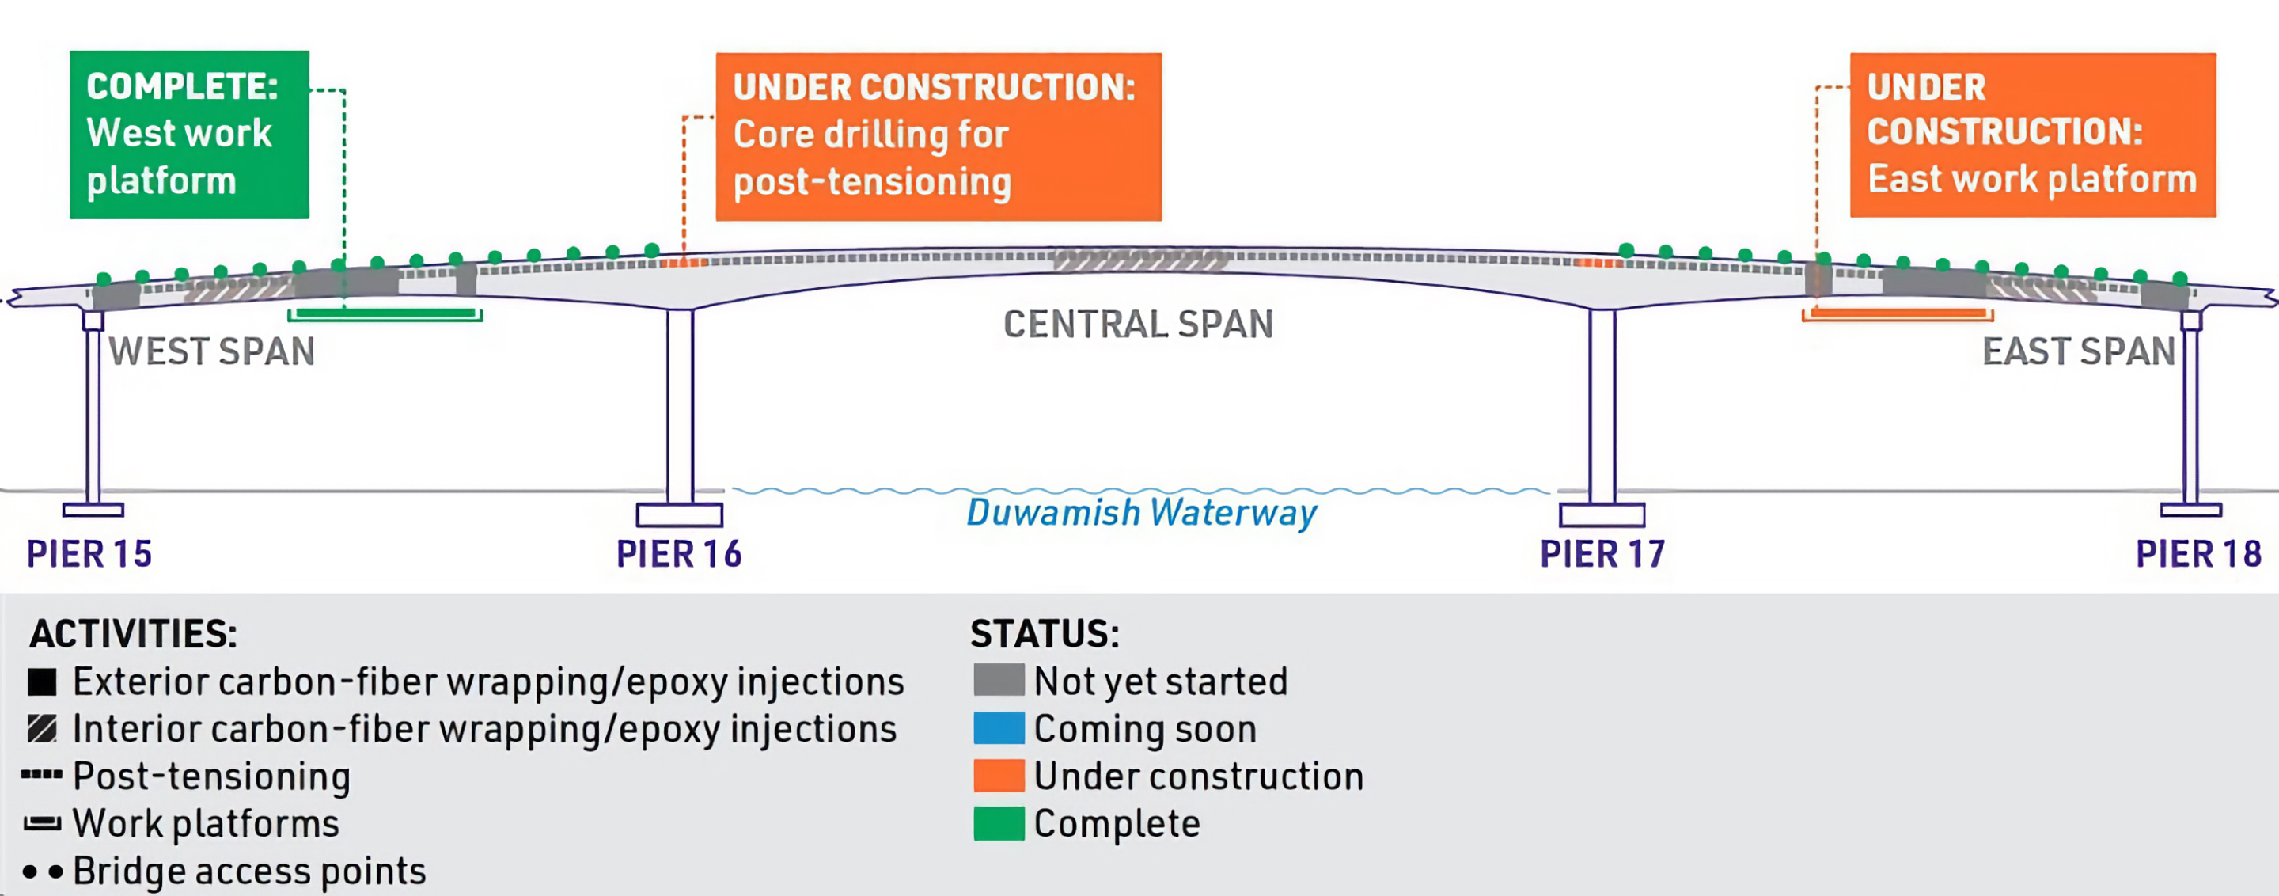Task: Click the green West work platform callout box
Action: click(189, 135)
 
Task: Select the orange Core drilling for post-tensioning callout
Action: click(939, 136)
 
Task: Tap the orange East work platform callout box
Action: click(2033, 135)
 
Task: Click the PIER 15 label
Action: click(89, 555)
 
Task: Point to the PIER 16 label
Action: click(679, 555)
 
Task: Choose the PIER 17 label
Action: click(1602, 555)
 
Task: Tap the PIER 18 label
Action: click(2198, 555)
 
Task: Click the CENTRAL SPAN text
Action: click(1138, 325)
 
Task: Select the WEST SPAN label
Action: click(212, 352)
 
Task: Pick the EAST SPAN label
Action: click(2078, 352)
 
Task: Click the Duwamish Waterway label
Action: click(1141, 513)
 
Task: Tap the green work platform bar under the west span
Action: click(385, 314)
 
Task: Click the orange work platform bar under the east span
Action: click(1898, 314)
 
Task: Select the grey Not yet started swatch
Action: click(999, 680)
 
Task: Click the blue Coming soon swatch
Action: click(999, 728)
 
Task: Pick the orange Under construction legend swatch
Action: click(999, 776)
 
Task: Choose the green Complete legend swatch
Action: click(999, 823)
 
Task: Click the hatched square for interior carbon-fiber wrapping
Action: click(42, 729)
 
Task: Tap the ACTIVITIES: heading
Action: click(134, 634)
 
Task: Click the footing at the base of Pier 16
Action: click(680, 514)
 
